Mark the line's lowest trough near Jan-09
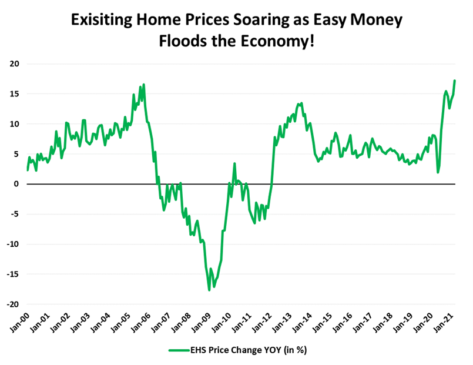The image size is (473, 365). [209, 290]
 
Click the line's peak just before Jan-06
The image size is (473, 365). [143, 85]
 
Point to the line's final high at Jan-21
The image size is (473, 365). [455, 81]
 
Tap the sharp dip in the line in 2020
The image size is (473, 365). [438, 172]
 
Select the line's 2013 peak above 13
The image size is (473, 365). [299, 103]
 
